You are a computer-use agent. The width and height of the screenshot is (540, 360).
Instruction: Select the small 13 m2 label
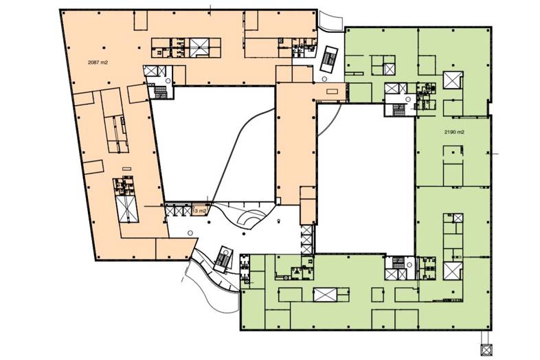click(x=199, y=210)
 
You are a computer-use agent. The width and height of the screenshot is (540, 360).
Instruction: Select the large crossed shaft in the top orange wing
click(x=199, y=47)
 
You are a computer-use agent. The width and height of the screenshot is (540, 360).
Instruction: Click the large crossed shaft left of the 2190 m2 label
click(x=453, y=80)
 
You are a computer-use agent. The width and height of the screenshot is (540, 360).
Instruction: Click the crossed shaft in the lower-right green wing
click(x=452, y=269)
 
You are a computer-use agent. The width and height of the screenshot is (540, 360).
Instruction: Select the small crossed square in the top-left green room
click(x=389, y=67)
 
